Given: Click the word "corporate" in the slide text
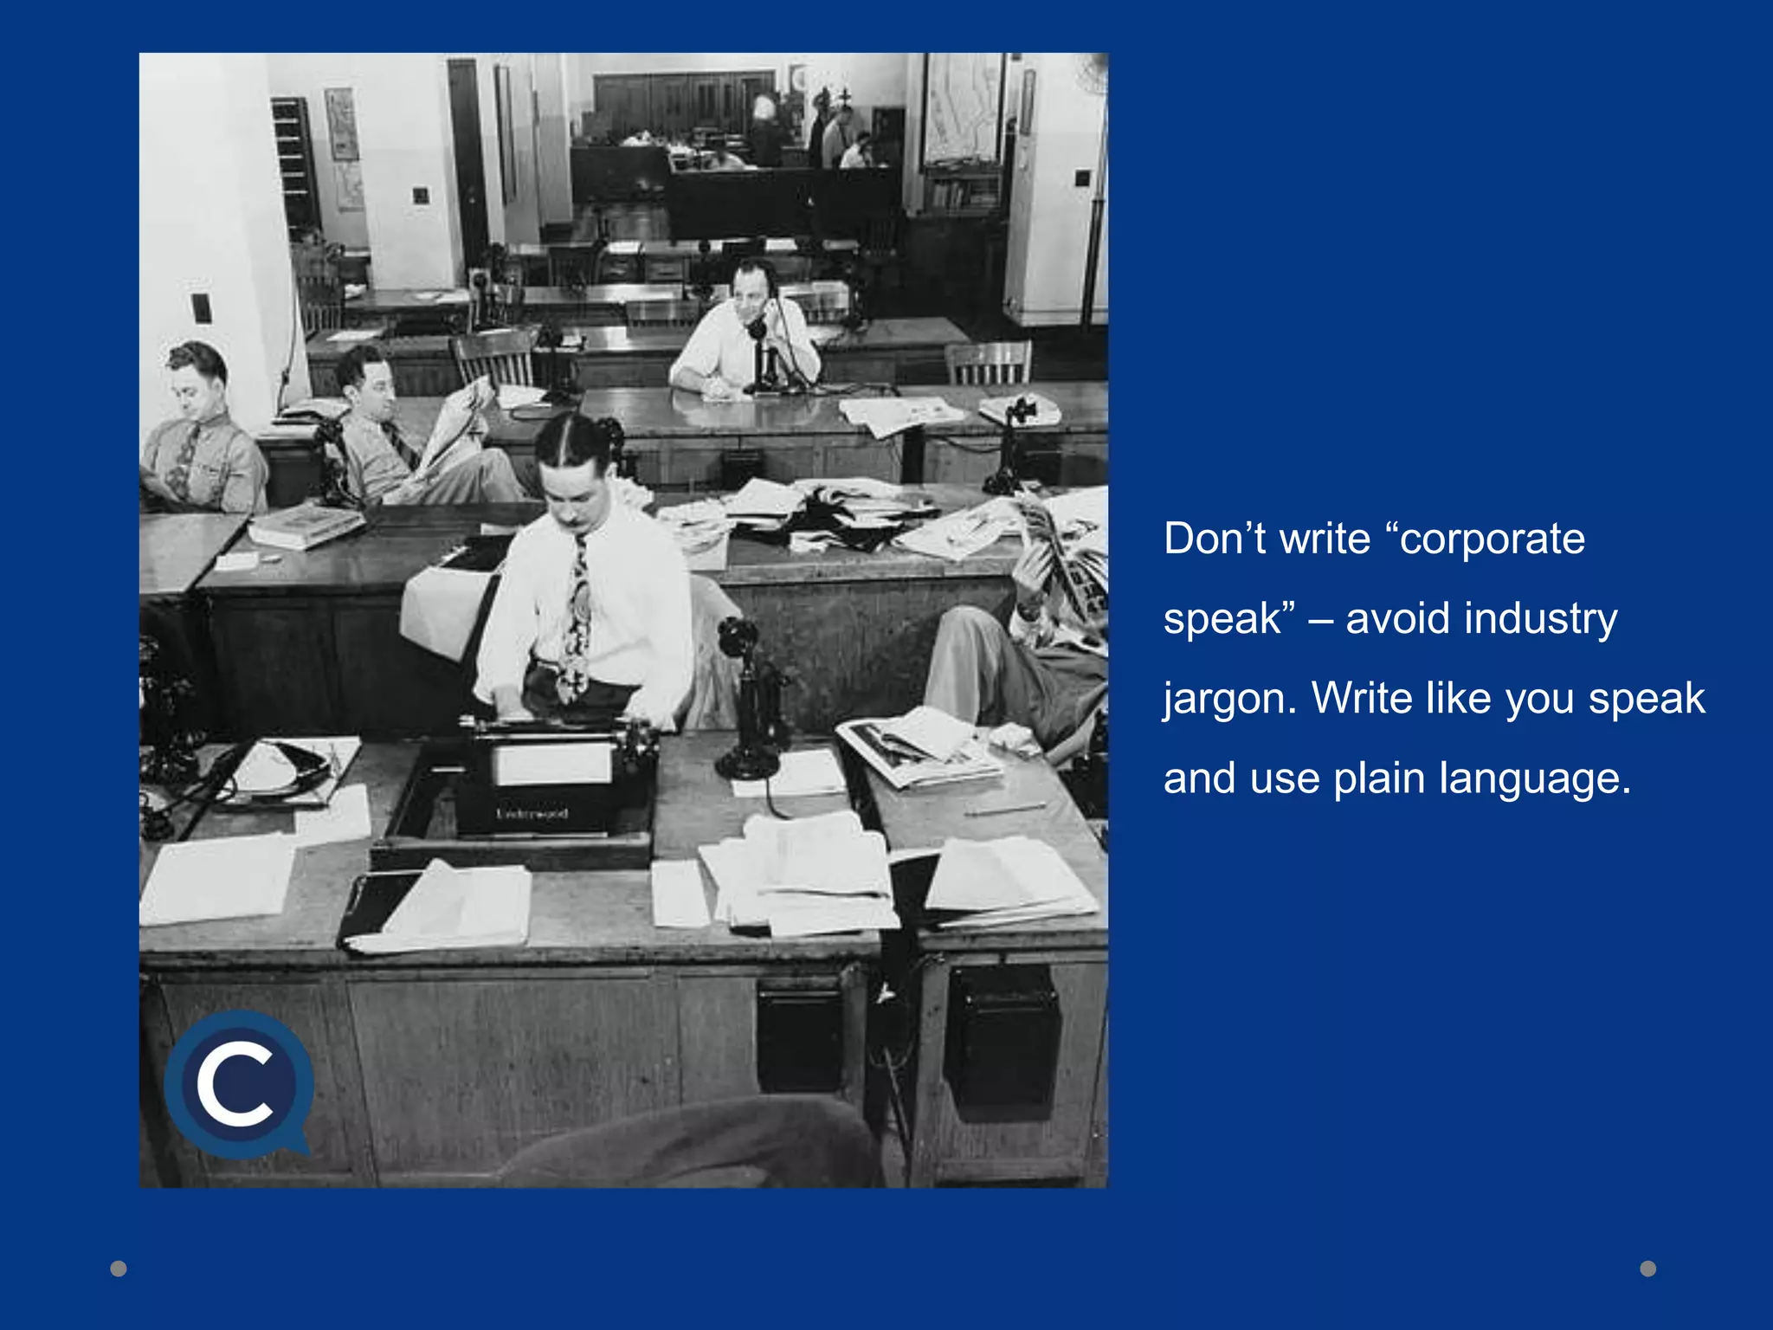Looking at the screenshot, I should [1493, 539].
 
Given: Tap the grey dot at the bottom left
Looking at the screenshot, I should [119, 1269].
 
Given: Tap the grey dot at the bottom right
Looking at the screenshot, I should [1648, 1269].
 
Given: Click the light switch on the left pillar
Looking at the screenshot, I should [201, 308].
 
